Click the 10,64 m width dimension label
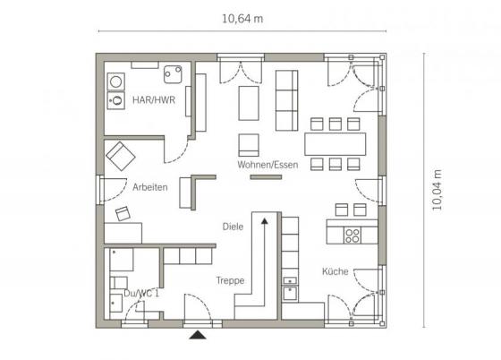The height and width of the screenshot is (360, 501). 242,19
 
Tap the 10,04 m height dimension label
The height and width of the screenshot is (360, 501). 437,190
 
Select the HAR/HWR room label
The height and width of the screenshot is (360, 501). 154,100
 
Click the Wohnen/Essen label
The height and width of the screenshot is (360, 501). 267,165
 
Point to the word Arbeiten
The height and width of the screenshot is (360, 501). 150,187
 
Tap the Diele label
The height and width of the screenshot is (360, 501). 233,227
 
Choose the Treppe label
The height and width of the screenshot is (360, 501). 230,280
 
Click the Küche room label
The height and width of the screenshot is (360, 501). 335,271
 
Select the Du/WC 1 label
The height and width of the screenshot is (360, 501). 141,293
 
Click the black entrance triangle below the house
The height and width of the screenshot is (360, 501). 198,335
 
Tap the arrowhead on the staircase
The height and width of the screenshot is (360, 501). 265,220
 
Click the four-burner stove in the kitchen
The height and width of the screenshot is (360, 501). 352,236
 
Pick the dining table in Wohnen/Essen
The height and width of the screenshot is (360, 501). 335,144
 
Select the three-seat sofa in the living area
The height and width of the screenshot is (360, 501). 286,100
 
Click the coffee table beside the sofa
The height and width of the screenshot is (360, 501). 249,103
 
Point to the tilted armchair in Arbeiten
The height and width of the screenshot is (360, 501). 121,156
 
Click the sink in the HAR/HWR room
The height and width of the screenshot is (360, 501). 173,74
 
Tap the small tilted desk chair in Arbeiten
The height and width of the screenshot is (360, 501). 123,213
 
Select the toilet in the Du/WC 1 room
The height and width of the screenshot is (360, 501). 118,283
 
